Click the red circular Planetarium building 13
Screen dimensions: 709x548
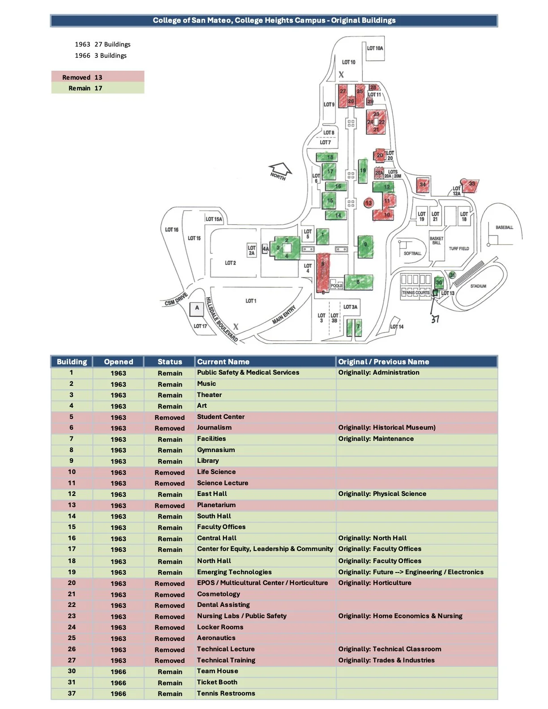[368, 203]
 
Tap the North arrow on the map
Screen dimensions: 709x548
[279, 171]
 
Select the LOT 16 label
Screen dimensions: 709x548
[171, 230]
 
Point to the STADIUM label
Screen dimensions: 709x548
[478, 286]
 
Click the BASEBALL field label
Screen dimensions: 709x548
[504, 227]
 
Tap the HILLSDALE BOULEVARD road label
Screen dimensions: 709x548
[221, 319]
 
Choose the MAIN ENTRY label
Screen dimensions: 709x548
[284, 315]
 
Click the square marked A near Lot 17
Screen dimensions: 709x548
[197, 308]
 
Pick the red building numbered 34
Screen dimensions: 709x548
[423, 184]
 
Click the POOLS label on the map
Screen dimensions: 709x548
[336, 285]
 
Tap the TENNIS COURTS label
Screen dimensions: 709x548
[415, 293]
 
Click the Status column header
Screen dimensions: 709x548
[170, 362]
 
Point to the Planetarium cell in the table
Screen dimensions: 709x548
[216, 505]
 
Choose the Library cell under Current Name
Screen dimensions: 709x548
[208, 461]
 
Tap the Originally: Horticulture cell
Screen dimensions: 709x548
[375, 583]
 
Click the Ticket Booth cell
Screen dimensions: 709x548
[217, 682]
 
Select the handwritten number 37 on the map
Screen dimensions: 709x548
[435, 319]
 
